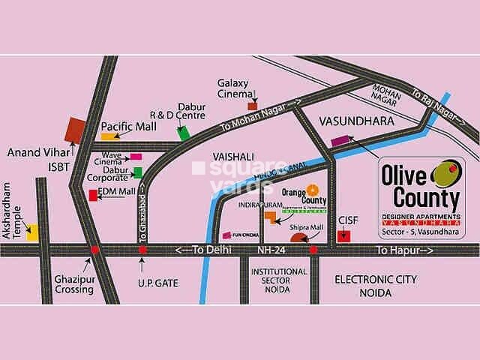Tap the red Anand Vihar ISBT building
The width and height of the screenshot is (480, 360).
coord(76,130)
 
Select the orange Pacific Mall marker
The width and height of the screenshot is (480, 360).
coord(109,137)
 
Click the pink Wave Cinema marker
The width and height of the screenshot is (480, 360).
coord(136,157)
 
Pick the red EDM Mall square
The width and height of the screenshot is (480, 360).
coord(93,196)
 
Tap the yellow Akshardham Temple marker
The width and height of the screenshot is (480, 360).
coord(33,232)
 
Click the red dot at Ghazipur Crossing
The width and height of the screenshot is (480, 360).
coord(94,250)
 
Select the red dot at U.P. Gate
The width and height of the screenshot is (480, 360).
coord(142,250)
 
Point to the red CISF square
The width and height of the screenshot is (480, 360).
coord(343,236)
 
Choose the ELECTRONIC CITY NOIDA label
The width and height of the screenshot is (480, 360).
coord(375,285)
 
